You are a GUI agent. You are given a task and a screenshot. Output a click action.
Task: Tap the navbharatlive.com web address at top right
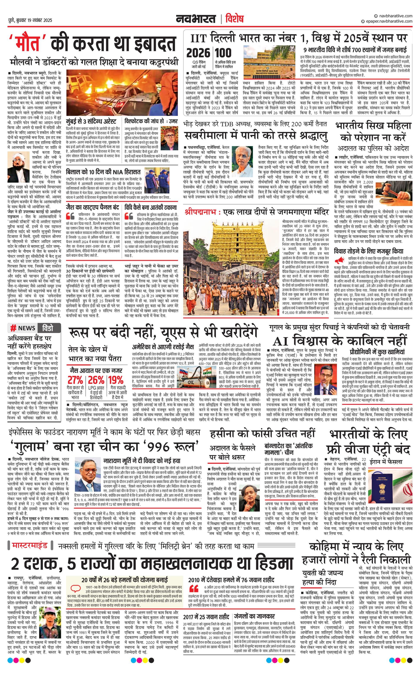point(394,16)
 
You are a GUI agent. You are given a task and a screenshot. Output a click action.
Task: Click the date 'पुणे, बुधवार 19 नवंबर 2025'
point(30,20)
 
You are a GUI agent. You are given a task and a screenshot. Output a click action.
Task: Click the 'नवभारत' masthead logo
point(196,19)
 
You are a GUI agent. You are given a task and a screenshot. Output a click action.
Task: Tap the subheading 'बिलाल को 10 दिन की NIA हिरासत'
point(103,171)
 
